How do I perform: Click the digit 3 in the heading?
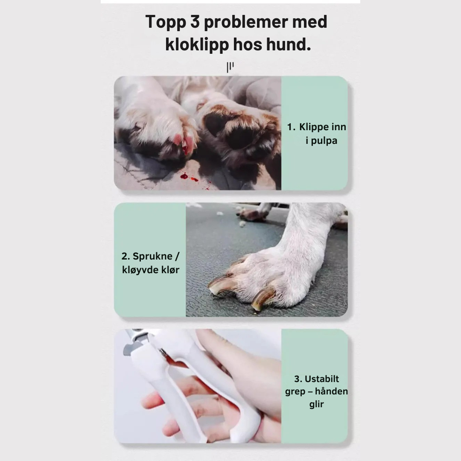click(193, 22)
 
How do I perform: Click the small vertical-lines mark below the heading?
click(230, 67)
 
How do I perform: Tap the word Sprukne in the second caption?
click(152, 256)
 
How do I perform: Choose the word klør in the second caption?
click(170, 270)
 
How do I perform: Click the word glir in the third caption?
click(316, 404)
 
